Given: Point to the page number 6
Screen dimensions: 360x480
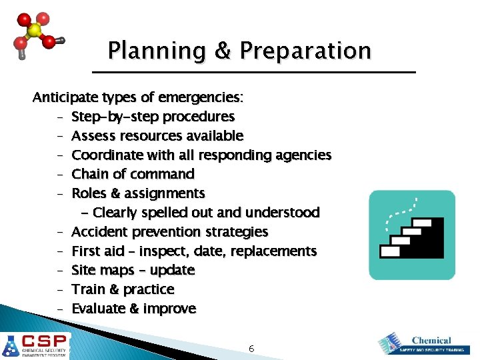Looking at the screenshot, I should coord(251,349).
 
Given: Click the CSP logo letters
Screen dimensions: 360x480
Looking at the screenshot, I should coord(45,339).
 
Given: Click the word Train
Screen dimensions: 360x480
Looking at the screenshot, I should coord(87,289).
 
